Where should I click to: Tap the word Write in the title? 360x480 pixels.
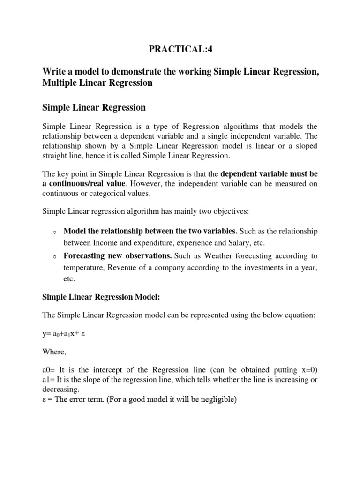(x=53, y=71)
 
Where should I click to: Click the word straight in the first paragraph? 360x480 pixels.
(x=56, y=155)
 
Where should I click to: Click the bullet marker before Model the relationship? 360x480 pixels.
(x=55, y=232)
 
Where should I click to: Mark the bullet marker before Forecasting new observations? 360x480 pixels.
(x=55, y=257)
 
